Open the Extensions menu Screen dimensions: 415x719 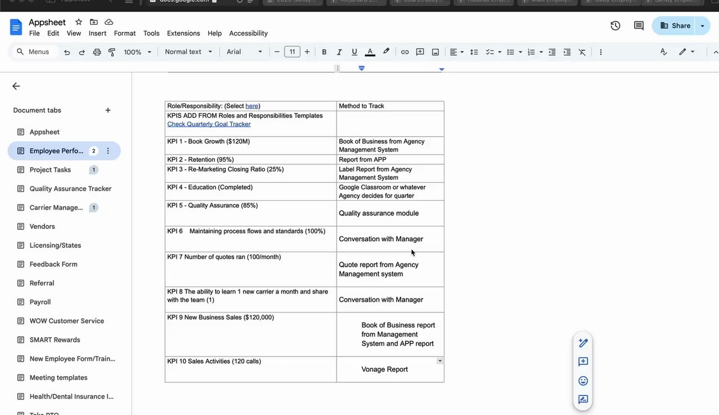[183, 33]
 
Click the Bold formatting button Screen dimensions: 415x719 [324, 52]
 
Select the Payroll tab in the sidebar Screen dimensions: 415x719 [40, 302]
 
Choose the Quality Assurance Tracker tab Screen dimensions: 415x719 [70, 188]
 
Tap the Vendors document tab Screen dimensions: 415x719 [42, 226]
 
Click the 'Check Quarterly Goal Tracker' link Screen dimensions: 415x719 [209, 124]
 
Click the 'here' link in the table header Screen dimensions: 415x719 [252, 106]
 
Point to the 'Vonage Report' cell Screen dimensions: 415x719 [385, 369]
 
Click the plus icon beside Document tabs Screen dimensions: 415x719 [108, 110]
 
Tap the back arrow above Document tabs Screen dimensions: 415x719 [16, 86]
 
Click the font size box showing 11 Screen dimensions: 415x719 [292, 52]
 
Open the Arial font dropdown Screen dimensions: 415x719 [244, 52]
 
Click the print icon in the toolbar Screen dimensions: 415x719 [97, 52]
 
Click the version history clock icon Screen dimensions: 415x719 [616, 25]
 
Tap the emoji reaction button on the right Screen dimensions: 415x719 [583, 381]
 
